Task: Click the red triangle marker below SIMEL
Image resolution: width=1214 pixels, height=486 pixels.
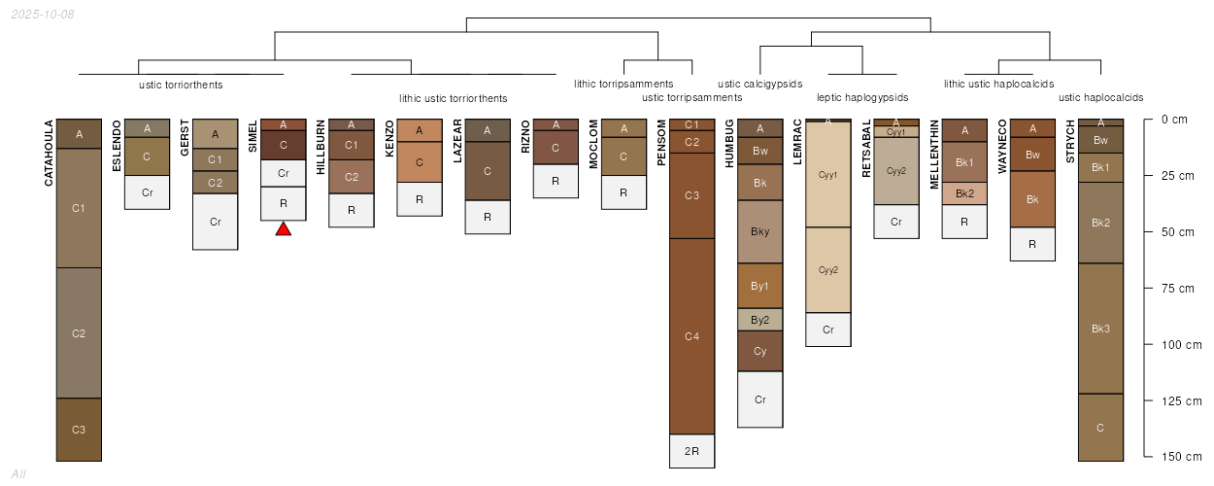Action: click(x=283, y=229)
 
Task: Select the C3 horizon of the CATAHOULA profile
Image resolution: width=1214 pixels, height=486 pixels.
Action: click(x=79, y=430)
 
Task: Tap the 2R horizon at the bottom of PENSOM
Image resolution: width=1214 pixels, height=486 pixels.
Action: click(x=692, y=451)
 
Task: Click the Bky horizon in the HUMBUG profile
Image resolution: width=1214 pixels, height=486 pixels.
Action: click(x=759, y=231)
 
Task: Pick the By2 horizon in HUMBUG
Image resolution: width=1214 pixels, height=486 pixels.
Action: click(x=759, y=320)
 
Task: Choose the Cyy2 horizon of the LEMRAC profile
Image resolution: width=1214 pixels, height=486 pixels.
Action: click(x=828, y=270)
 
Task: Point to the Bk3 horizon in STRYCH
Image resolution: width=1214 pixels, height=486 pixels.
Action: click(x=1100, y=329)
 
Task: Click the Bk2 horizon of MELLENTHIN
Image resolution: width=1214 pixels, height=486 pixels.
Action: click(x=964, y=193)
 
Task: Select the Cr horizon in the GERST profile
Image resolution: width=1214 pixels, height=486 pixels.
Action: click(x=216, y=222)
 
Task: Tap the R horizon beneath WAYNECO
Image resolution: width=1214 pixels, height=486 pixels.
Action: click(x=1032, y=244)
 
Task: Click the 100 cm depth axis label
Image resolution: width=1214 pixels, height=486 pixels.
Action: click(x=1182, y=345)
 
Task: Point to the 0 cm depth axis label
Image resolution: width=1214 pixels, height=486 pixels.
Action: click(x=1174, y=120)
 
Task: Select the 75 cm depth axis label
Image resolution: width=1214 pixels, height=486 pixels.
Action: click(x=1178, y=289)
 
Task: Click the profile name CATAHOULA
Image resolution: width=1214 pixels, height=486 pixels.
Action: click(x=49, y=153)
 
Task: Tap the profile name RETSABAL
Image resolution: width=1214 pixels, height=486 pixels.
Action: click(x=866, y=148)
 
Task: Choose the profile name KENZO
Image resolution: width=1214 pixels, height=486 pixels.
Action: click(x=389, y=138)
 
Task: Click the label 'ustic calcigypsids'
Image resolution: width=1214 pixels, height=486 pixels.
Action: click(x=759, y=84)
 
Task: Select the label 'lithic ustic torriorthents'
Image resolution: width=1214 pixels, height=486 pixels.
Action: click(x=454, y=99)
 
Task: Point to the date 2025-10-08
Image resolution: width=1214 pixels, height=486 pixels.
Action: click(x=43, y=15)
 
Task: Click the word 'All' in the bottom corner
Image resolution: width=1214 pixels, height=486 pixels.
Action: click(x=18, y=474)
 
